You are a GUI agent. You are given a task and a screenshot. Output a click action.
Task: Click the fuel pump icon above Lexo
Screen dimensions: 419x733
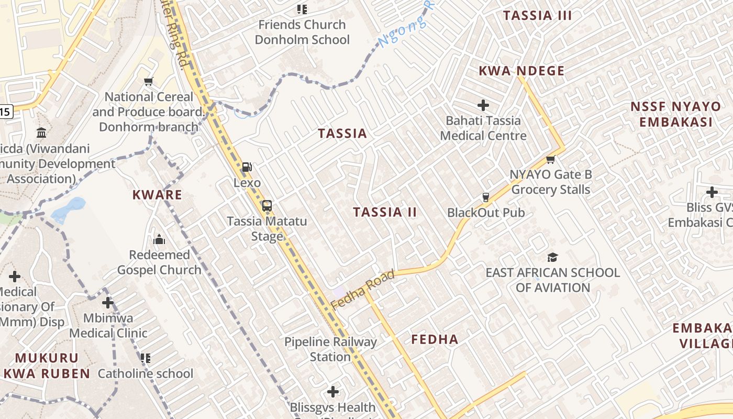(x=247, y=167)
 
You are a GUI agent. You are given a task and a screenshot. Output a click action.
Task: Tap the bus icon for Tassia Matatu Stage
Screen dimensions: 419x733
(x=267, y=205)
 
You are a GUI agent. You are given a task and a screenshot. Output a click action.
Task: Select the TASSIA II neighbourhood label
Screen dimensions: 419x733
(x=385, y=212)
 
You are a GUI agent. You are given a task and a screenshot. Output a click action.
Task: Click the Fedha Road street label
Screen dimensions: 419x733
(x=363, y=290)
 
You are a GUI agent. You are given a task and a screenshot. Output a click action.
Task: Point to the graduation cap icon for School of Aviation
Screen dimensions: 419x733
(x=552, y=257)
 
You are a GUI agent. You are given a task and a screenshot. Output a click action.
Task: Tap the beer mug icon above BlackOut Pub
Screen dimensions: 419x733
(x=485, y=197)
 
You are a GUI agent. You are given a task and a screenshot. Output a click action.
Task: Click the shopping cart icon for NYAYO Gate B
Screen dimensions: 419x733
(x=550, y=159)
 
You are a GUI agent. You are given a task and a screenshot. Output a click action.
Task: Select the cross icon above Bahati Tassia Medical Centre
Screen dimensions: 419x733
(x=483, y=105)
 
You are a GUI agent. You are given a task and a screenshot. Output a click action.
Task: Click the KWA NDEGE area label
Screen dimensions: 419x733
(x=521, y=71)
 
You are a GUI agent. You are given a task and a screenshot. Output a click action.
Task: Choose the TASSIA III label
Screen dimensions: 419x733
(x=537, y=16)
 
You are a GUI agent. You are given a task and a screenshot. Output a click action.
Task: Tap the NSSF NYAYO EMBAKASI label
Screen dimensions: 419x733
(x=675, y=114)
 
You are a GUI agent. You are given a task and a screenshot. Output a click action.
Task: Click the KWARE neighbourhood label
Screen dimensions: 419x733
(x=157, y=195)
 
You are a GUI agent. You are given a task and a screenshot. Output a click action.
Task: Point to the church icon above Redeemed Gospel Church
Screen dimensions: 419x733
(x=159, y=240)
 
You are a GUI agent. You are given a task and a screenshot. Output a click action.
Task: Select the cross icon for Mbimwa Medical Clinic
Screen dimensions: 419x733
(x=108, y=303)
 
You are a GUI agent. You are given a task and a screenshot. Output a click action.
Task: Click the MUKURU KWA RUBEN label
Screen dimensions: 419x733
(x=47, y=366)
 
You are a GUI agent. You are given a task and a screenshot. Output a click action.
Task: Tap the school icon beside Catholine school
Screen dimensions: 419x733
(x=145, y=358)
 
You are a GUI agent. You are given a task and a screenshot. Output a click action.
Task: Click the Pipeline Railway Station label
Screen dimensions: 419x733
(x=330, y=349)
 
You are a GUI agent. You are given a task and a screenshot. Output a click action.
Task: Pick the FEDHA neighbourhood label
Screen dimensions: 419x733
(x=435, y=339)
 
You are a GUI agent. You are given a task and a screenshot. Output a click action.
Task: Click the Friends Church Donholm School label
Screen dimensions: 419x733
(x=302, y=32)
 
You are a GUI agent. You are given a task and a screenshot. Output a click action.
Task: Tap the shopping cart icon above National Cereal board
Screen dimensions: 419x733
(x=148, y=81)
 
